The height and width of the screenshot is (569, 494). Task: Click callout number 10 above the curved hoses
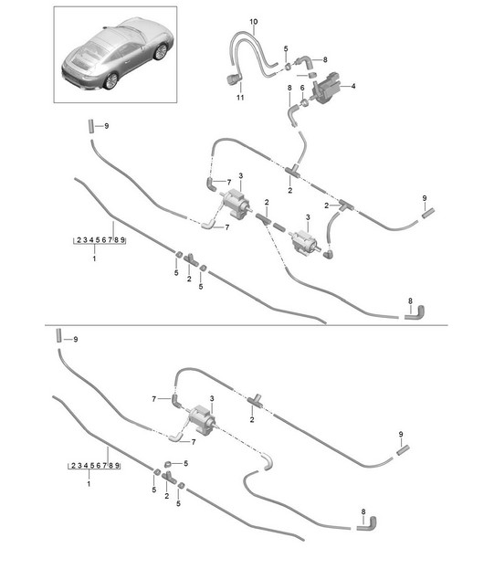254,22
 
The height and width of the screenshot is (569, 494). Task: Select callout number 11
240,97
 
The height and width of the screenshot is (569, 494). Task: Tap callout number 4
353,86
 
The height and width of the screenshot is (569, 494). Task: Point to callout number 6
302,88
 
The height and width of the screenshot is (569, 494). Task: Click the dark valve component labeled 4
326,89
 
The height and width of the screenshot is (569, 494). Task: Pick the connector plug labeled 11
232,79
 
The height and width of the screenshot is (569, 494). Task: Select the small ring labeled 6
305,102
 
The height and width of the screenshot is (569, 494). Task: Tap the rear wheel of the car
111,80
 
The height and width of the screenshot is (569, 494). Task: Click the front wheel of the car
161,51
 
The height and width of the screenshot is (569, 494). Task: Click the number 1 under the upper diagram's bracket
94,258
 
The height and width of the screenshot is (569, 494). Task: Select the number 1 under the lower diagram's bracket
89,484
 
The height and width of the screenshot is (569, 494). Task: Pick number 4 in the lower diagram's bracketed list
86,466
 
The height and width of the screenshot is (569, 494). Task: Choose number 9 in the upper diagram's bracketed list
122,240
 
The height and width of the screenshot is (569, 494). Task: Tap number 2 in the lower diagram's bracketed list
73,466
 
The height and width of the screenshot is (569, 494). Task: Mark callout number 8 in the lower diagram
363,511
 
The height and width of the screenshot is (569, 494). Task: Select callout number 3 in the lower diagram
212,399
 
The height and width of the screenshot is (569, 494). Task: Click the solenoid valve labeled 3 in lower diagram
200,418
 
